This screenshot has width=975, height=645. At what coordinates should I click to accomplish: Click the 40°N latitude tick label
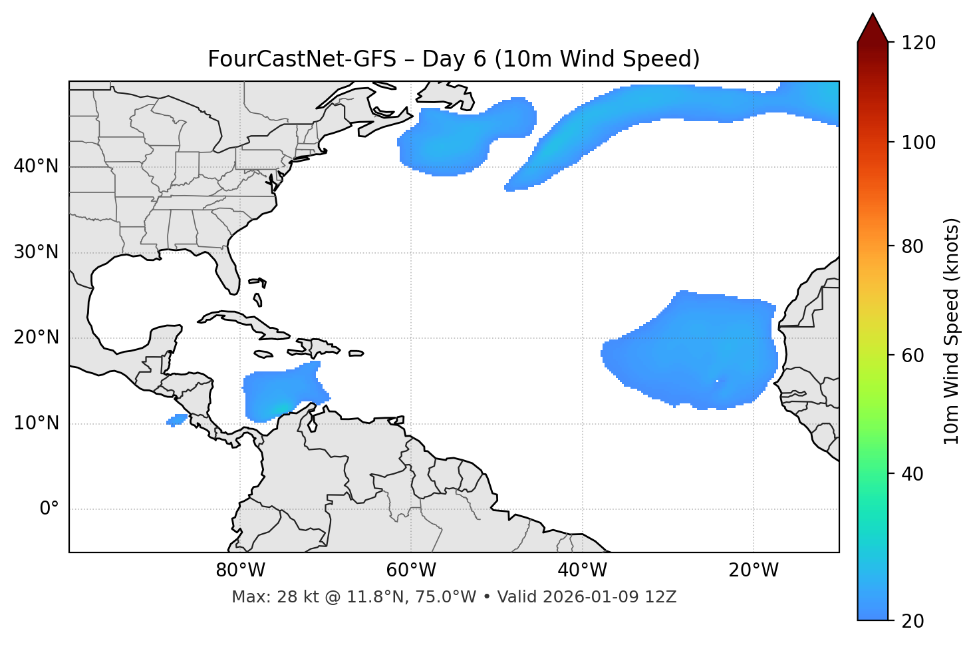click(x=36, y=166)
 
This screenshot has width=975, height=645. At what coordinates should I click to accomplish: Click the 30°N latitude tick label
click(x=36, y=252)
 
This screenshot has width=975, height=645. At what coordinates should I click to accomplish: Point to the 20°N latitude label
click(x=36, y=337)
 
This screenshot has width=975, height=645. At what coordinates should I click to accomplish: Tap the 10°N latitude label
click(x=36, y=423)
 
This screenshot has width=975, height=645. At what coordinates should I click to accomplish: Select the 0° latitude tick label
click(x=49, y=509)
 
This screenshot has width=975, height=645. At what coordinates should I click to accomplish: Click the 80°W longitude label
click(x=240, y=570)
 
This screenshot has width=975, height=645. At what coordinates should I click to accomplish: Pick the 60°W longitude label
click(x=411, y=570)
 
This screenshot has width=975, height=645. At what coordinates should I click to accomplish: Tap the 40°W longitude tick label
click(x=582, y=570)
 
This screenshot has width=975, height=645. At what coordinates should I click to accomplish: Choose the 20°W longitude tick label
click(x=753, y=570)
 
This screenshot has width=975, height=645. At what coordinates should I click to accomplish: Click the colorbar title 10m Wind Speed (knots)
click(x=952, y=331)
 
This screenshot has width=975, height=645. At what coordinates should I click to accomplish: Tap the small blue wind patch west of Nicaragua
click(x=177, y=420)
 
